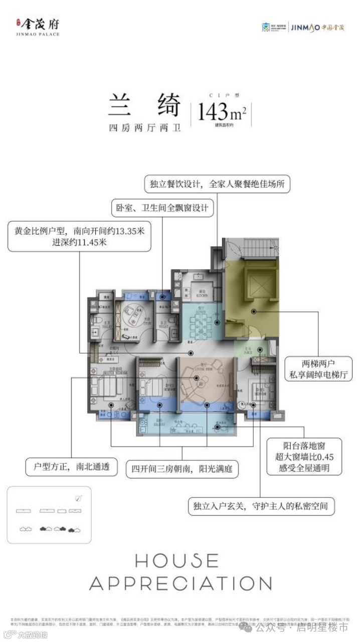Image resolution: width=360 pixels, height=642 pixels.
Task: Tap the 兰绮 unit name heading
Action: [x=144, y=106]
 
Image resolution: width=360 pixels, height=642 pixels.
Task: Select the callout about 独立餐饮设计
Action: [x=217, y=184]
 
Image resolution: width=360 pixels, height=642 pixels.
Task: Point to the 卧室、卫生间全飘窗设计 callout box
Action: [x=162, y=208]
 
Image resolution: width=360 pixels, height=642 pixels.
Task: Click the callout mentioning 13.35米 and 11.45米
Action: [x=79, y=236]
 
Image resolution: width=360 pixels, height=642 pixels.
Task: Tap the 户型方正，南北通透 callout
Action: [x=71, y=467]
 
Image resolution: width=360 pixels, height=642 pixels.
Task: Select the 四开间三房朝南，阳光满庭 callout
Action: [x=182, y=469]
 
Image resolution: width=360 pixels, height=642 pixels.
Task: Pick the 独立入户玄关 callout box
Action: [x=261, y=506]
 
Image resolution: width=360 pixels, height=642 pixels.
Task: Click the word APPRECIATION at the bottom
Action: [x=181, y=583]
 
